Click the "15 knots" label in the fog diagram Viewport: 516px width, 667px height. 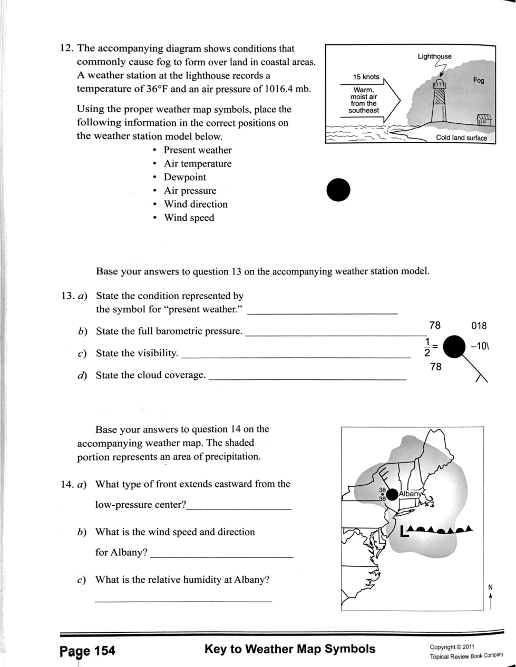click(x=366, y=77)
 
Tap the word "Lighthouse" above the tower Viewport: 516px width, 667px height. click(x=434, y=56)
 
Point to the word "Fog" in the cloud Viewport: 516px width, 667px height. click(x=478, y=81)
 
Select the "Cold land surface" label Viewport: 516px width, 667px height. click(x=462, y=138)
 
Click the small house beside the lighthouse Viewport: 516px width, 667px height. click(x=483, y=120)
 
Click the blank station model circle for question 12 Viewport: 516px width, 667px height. click(x=338, y=190)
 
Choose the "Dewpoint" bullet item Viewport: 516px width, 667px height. click(x=184, y=177)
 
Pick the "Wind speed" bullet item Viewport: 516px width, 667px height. click(x=189, y=218)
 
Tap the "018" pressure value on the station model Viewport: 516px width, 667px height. click(x=479, y=326)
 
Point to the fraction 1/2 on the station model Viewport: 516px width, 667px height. click(x=427, y=347)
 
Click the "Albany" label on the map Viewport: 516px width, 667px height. click(x=411, y=494)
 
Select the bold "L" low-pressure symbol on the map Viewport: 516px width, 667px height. click(x=404, y=532)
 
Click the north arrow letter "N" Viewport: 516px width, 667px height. click(x=490, y=587)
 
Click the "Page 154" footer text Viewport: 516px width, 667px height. click(x=87, y=651)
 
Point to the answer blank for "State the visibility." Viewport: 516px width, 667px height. click(x=295, y=357)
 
